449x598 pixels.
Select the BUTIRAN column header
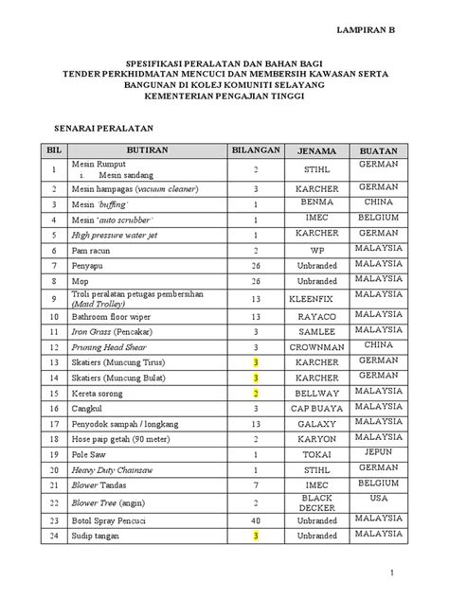pos(145,150)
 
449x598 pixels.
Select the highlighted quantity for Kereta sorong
pos(256,393)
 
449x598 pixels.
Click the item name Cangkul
pos(88,409)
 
